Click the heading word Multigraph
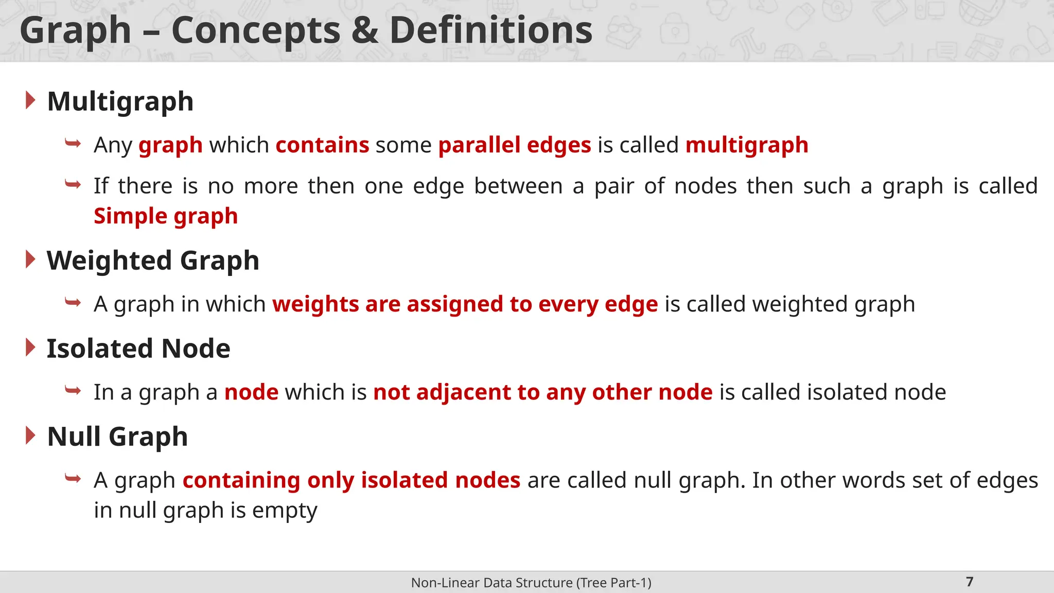pos(120,101)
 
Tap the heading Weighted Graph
pos(153,260)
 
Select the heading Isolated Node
pos(138,348)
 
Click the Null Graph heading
pos(117,437)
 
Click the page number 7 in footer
pos(970,582)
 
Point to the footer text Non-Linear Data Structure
pos(531,583)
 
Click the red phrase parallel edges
pos(514,145)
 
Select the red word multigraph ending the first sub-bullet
pos(746,145)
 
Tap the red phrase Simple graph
pos(165,216)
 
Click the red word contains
pos(322,145)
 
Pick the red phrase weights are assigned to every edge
pos(465,304)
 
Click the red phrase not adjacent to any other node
pos(542,392)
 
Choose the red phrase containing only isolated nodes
pos(351,480)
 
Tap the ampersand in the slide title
pos(364,31)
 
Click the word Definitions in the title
pos(490,31)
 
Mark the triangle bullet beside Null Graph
pos(30,436)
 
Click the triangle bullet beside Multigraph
pos(30,100)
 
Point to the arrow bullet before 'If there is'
pos(73,184)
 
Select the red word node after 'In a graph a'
pos(251,392)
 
